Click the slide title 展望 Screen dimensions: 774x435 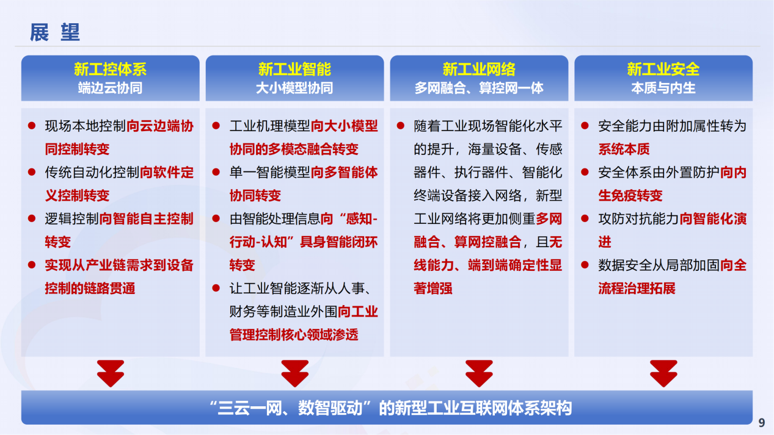(55, 32)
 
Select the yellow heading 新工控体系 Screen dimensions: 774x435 (110, 69)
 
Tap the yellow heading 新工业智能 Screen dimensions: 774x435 (294, 69)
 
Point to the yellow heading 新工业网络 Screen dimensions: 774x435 (479, 69)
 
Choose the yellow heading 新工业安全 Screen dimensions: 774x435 (663, 69)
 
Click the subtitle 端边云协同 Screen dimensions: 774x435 (110, 88)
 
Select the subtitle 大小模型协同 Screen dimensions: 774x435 (294, 88)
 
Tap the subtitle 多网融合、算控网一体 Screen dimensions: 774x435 (479, 88)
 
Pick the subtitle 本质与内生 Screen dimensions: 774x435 (663, 88)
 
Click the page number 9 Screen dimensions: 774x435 (762, 423)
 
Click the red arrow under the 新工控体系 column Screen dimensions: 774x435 (110, 373)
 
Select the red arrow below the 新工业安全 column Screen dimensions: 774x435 (663, 373)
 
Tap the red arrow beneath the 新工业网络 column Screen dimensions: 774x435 (479, 373)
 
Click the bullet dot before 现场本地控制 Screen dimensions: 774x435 (32, 126)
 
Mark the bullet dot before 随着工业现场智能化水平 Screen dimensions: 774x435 (401, 126)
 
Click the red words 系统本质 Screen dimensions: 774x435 (624, 149)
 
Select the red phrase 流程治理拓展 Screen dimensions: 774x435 (637, 289)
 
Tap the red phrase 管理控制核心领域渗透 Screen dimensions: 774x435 (294, 334)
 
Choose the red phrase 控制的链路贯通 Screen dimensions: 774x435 (90, 289)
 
